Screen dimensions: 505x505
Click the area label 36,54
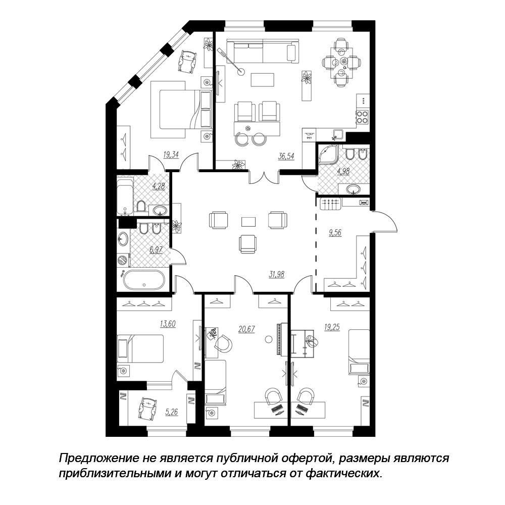tap(286, 157)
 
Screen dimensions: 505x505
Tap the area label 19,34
tap(171, 155)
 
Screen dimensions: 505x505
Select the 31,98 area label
tap(277, 274)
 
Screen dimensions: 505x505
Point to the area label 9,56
tap(335, 232)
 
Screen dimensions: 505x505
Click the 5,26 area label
tap(171, 412)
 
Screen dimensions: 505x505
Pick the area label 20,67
tap(247, 329)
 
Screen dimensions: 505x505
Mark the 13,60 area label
tap(168, 324)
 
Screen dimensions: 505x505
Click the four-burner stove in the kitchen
tap(362, 117)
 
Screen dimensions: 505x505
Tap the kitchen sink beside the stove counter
tap(338, 135)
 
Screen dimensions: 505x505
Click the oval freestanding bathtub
tap(144, 280)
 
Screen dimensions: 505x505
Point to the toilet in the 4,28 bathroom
tap(141, 206)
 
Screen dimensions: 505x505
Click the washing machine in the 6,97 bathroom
tap(123, 260)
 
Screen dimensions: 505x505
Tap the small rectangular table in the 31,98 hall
tap(248, 222)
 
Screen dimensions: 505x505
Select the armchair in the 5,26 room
tap(147, 408)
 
